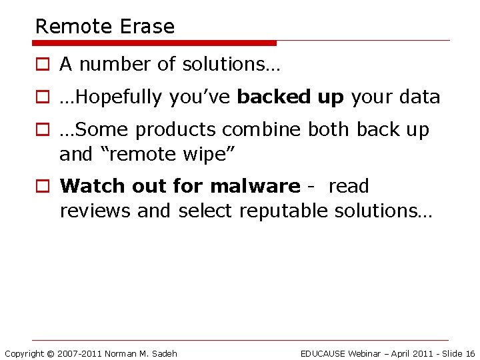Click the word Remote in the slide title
click(74, 27)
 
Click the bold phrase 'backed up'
click(291, 97)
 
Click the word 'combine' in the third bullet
click(262, 130)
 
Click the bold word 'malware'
click(255, 186)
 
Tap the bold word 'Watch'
click(91, 186)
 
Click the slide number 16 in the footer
click(470, 353)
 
